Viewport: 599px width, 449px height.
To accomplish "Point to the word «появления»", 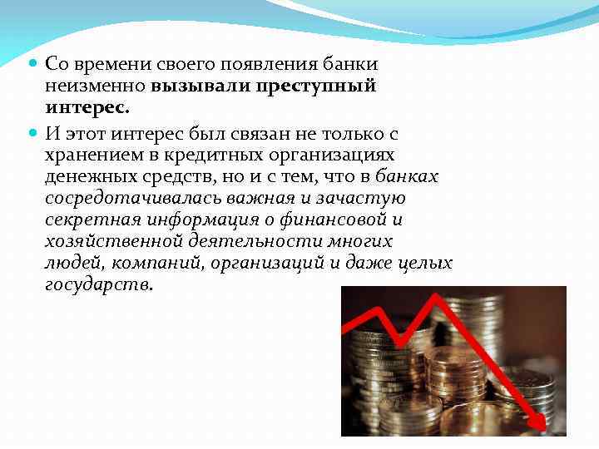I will pos(255,64).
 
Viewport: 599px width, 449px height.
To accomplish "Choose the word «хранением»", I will pos(88,155).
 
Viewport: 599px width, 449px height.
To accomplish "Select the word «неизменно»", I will pos(94,86).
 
